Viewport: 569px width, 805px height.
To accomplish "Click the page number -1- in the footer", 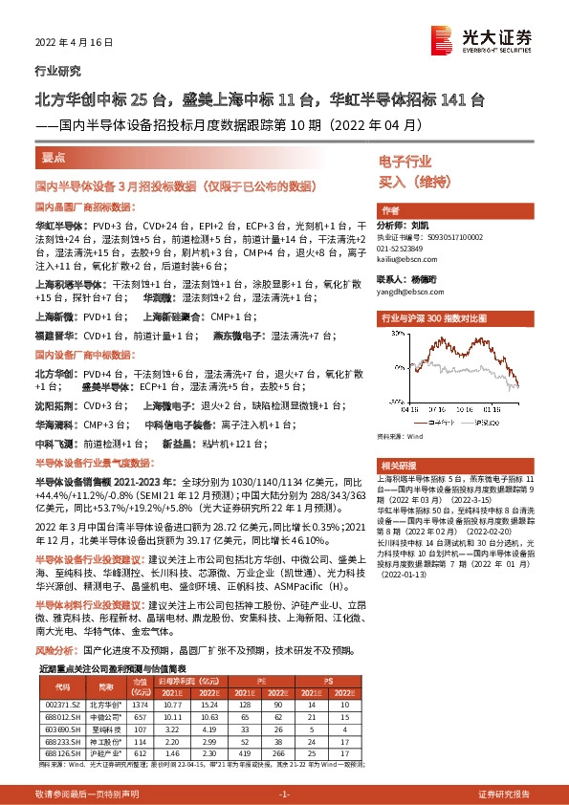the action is coord(283,794).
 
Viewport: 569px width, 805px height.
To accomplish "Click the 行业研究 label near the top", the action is coord(58,71).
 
